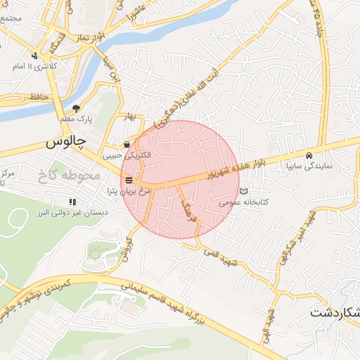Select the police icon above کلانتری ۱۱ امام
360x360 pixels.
point(34,56)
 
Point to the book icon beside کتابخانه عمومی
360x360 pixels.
point(243,191)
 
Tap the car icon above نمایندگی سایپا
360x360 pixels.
point(308,155)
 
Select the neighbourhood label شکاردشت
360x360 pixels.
point(334,311)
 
